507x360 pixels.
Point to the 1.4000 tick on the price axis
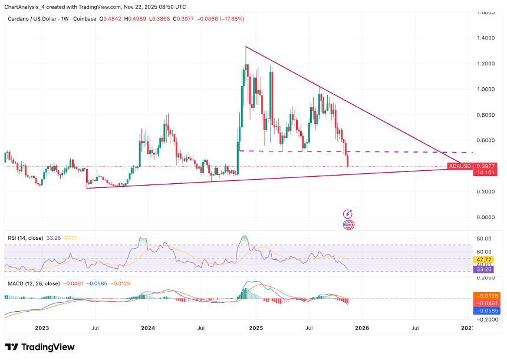coord(486,38)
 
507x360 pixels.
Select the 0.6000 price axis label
coord(486,140)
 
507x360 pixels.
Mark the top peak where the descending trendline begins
coord(246,47)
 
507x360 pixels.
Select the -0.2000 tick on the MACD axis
coord(486,318)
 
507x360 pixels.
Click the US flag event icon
coord(348,224)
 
